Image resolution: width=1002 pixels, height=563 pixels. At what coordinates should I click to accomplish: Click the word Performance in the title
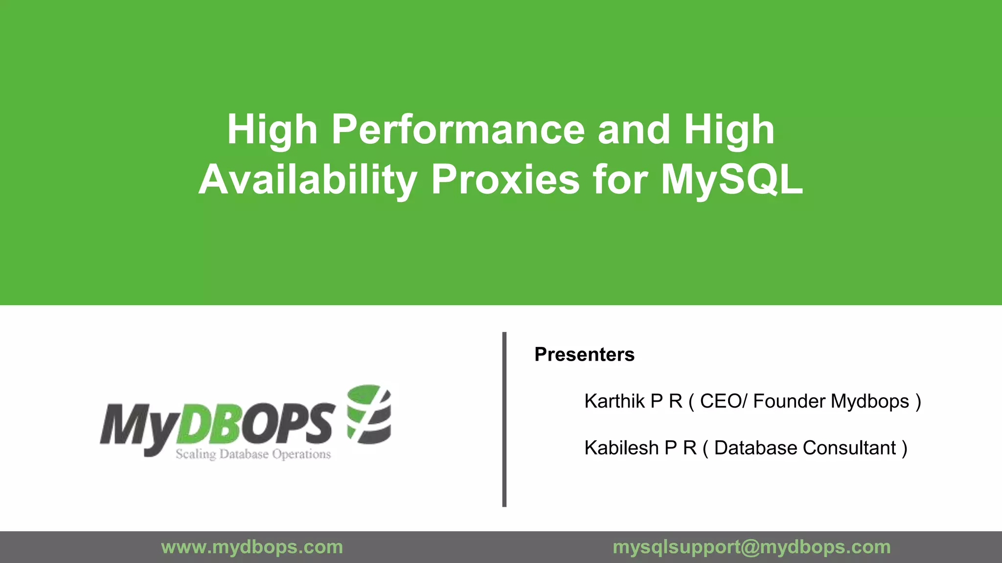[458, 130]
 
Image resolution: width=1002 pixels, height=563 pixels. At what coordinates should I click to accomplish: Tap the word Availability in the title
[307, 180]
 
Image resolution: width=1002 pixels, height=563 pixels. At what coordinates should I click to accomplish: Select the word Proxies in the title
[505, 180]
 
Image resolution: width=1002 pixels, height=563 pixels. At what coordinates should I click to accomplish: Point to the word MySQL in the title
[732, 180]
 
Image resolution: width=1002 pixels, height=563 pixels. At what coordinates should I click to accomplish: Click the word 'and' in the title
[634, 130]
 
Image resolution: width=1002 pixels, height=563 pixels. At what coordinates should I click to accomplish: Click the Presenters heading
[584, 354]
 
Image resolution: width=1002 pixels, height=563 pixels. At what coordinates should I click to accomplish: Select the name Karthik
[615, 401]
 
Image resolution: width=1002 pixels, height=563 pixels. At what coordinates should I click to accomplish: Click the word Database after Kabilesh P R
[755, 448]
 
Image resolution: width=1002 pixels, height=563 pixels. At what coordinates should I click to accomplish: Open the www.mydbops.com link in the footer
[252, 547]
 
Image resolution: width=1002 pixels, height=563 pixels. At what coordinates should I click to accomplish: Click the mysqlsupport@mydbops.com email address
[751, 547]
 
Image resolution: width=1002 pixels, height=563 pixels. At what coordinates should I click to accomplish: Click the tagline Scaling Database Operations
[253, 454]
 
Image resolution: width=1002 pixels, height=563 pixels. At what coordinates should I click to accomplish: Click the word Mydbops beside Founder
[870, 401]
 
